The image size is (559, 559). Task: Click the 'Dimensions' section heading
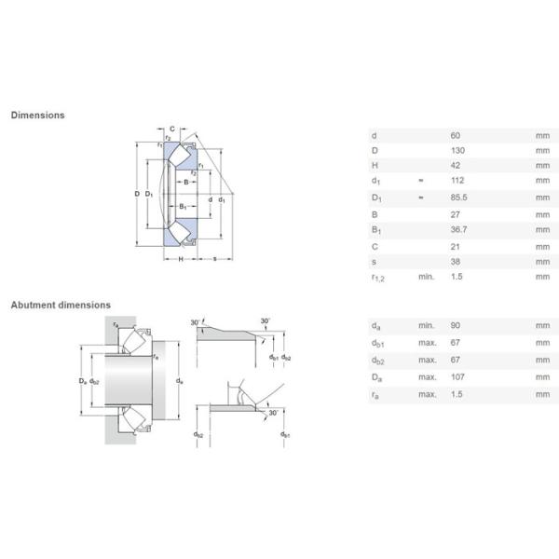pyautogui.click(x=37, y=116)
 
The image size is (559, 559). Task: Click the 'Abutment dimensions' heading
pyautogui.click(x=61, y=305)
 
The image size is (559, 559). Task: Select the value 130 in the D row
pyautogui.click(x=456, y=150)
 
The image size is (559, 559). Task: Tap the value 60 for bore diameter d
pyautogui.click(x=455, y=135)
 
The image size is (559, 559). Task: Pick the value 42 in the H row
pyautogui.click(x=455, y=166)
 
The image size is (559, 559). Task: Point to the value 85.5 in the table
pyautogui.click(x=457, y=198)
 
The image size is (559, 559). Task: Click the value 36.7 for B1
pyautogui.click(x=457, y=229)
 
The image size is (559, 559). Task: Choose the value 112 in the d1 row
pyautogui.click(x=456, y=182)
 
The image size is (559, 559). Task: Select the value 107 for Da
pyautogui.click(x=456, y=376)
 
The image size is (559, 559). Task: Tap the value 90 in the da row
pyautogui.click(x=455, y=326)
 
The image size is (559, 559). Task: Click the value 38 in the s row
pyautogui.click(x=455, y=261)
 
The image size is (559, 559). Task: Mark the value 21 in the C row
pyautogui.click(x=455, y=245)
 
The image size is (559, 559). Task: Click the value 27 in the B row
pyautogui.click(x=455, y=213)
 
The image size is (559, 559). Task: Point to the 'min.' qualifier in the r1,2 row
pyautogui.click(x=426, y=277)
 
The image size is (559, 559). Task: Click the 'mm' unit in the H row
pyautogui.click(x=542, y=166)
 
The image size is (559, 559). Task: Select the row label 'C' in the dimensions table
pyautogui.click(x=375, y=245)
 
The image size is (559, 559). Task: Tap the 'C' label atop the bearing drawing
pyautogui.click(x=172, y=129)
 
